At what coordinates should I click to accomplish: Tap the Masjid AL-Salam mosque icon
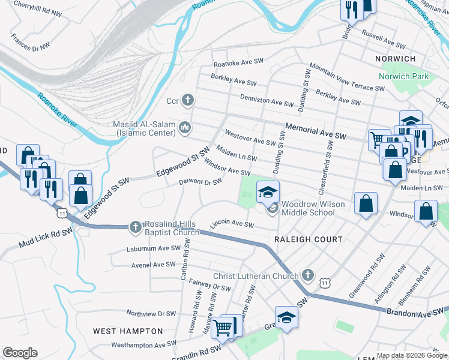(185, 127)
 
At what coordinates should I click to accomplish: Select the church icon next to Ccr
(188, 100)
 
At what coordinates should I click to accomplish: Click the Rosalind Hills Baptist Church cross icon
(136, 227)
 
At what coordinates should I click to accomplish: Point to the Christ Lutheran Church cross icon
(308, 275)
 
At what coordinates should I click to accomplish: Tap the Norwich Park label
(403, 76)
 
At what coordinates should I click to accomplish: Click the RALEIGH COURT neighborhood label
(309, 239)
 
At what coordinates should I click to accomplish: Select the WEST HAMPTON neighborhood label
(128, 331)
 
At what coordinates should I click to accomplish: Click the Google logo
(20, 353)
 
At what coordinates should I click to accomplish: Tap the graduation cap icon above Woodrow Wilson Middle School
(268, 192)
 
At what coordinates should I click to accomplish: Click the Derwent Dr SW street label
(200, 182)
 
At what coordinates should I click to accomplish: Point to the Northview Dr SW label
(151, 313)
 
